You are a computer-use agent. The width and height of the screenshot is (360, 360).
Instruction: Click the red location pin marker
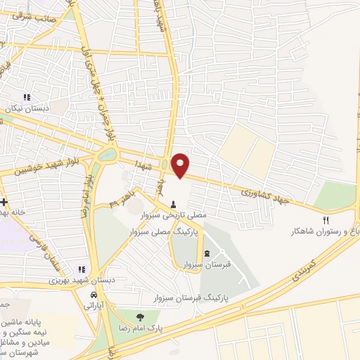click(181, 165)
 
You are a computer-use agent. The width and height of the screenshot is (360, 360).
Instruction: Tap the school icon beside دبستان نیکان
click(27, 98)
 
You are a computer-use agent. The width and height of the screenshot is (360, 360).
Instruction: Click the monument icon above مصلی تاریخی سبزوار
click(174, 204)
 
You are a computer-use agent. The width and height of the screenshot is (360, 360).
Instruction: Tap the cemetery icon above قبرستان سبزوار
click(207, 254)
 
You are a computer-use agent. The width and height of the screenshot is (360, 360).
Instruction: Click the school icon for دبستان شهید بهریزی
click(82, 269)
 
